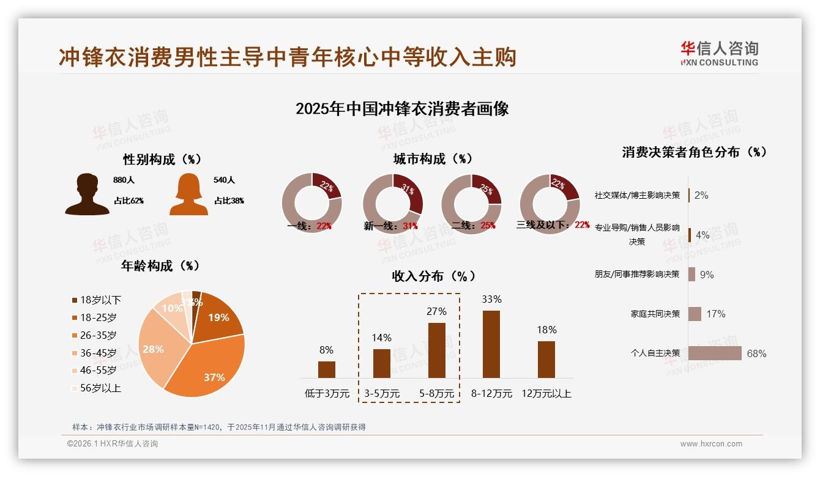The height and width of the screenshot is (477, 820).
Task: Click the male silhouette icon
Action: pyautogui.click(x=87, y=194)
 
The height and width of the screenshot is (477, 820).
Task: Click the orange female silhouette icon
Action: pyautogui.click(x=188, y=194)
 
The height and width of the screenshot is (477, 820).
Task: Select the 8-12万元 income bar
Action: pyautogui.click(x=491, y=344)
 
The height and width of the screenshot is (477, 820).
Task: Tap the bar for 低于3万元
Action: pyautogui.click(x=327, y=369)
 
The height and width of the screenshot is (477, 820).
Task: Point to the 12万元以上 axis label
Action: pyautogui.click(x=546, y=394)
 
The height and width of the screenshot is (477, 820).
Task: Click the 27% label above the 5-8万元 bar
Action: pyautogui.click(x=436, y=311)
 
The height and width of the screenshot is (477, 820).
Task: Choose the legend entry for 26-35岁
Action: pyautogui.click(x=98, y=335)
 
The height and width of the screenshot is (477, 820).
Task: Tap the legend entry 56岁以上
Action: pyautogui.click(x=100, y=388)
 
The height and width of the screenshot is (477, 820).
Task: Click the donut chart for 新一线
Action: pyautogui.click(x=392, y=203)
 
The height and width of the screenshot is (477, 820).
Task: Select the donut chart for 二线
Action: pyautogui.click(x=471, y=203)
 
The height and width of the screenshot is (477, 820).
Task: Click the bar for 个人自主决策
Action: pyautogui.click(x=715, y=353)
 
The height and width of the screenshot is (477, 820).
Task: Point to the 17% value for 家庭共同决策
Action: pyautogui.click(x=715, y=314)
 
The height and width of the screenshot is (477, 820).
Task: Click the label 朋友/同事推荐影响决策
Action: pyautogui.click(x=637, y=274)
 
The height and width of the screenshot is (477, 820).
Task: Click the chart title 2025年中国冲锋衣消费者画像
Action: pyautogui.click(x=402, y=109)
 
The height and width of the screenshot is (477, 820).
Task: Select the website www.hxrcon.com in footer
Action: pyautogui.click(x=711, y=444)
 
